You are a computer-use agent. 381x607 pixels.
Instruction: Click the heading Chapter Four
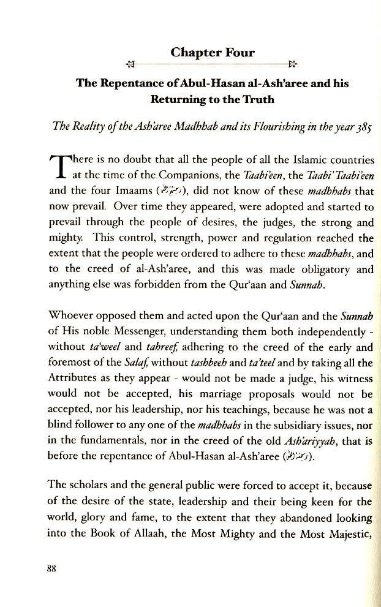[213, 53]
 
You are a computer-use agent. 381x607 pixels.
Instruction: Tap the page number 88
[51, 568]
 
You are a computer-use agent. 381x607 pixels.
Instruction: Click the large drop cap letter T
[56, 167]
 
